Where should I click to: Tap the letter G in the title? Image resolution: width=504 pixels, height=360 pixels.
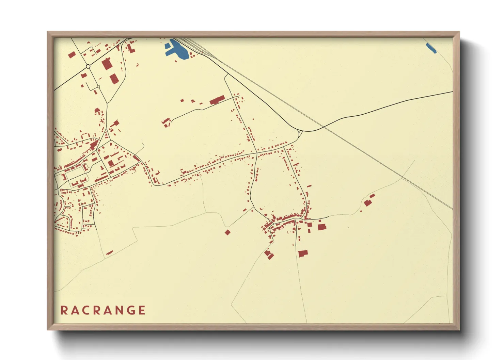pyautogui.click(x=129, y=310)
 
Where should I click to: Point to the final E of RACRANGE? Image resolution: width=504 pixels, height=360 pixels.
pyautogui.click(x=142, y=310)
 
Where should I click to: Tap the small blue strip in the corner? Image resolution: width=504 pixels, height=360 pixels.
pyautogui.click(x=431, y=48)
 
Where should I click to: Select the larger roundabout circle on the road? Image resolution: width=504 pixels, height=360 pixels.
pyautogui.click(x=88, y=66)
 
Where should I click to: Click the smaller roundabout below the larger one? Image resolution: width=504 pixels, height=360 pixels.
pyautogui.click(x=98, y=87)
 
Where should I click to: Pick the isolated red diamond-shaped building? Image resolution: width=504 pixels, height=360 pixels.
pyautogui.click(x=227, y=232)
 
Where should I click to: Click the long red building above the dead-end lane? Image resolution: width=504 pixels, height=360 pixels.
pyautogui.click(x=217, y=100)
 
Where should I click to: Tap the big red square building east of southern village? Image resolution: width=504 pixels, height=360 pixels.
pyautogui.click(x=321, y=227)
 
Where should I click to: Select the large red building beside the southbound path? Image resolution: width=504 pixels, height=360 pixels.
pyautogui.click(x=303, y=253)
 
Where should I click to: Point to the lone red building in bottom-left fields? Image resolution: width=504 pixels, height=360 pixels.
pyautogui.click(x=109, y=252)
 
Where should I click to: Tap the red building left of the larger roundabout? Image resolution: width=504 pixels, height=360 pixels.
pyautogui.click(x=72, y=55)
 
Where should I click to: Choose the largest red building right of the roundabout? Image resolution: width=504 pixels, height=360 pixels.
pyautogui.click(x=107, y=64)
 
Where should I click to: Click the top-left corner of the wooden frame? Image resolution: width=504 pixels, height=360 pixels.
pyautogui.click(x=48, y=32)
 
